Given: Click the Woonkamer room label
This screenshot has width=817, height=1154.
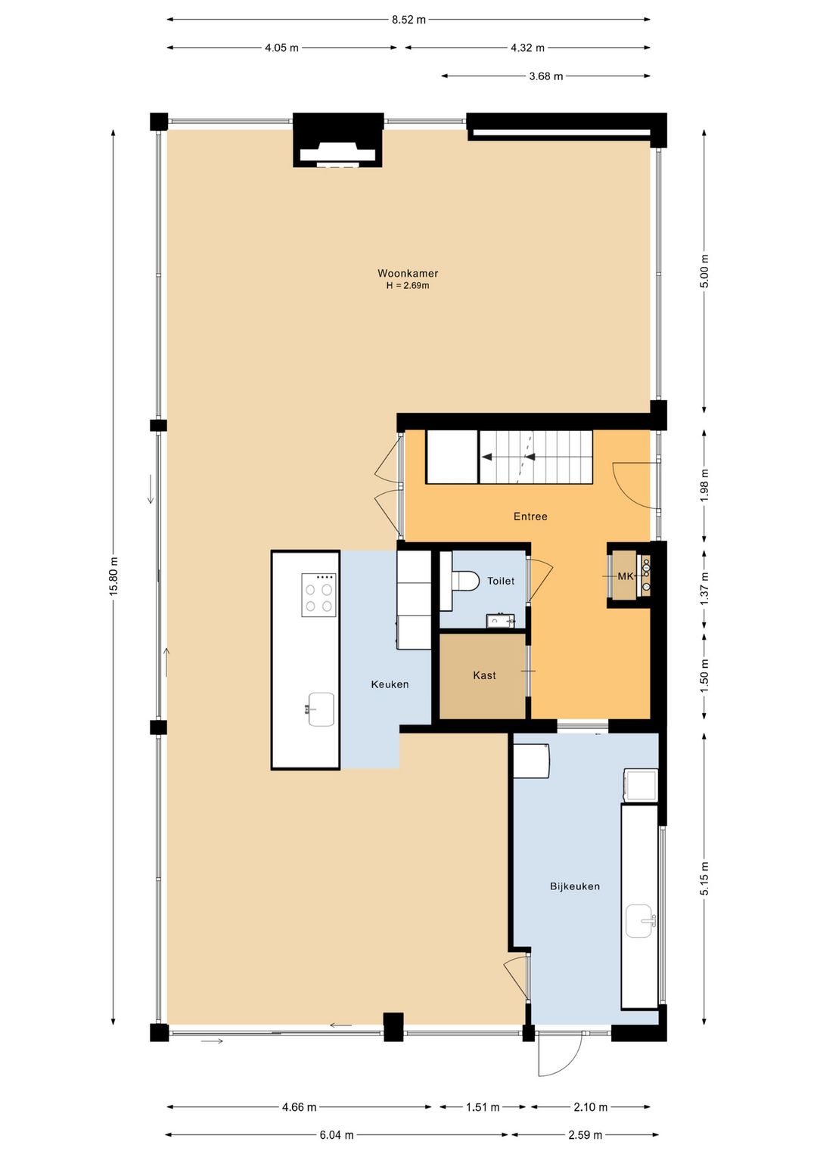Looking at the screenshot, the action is (x=408, y=274).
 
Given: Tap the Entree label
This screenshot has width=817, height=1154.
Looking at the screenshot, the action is (x=530, y=517).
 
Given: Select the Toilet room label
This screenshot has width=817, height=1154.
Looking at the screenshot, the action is (x=501, y=581).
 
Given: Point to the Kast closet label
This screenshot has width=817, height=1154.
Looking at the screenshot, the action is (x=485, y=675).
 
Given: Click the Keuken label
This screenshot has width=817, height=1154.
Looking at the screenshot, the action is (x=390, y=684).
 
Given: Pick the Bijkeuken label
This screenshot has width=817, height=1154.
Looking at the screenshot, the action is (x=575, y=886).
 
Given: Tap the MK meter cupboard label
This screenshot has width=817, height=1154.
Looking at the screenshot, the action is (x=626, y=576).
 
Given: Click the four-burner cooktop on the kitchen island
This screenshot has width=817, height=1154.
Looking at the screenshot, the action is (x=318, y=595).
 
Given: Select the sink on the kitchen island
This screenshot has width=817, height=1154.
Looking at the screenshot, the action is (x=321, y=709).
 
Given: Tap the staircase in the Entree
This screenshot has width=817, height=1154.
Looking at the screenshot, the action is (x=536, y=457).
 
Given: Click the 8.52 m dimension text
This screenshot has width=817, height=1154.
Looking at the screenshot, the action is (x=408, y=20).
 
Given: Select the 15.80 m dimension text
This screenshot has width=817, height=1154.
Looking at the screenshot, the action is (x=113, y=576).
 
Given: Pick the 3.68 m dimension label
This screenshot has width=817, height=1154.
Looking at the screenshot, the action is (x=546, y=76).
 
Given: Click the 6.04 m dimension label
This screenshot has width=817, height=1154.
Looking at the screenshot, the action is (x=337, y=1134).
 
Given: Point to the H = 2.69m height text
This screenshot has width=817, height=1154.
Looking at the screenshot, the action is (x=408, y=285).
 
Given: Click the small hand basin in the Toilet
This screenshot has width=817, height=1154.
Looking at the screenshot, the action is (x=500, y=622).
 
